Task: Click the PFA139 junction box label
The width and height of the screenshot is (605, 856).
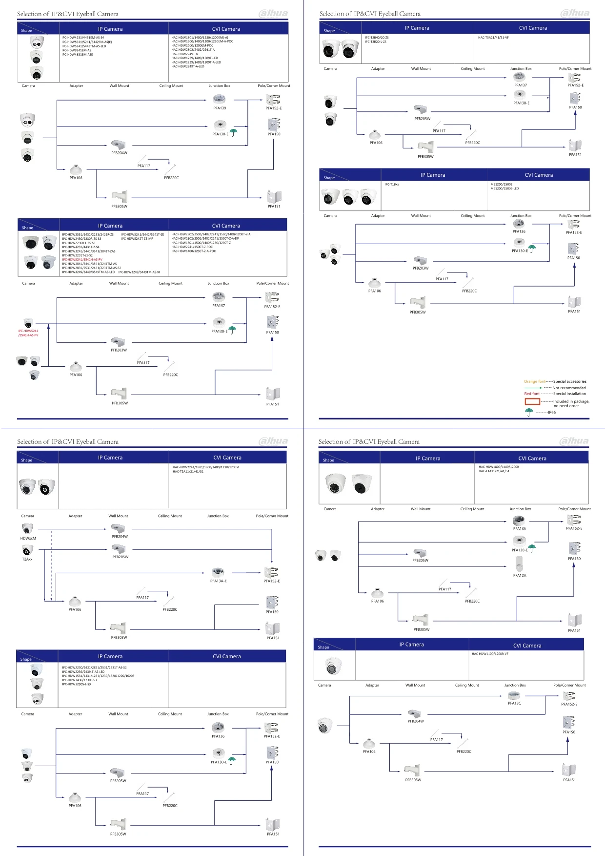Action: click(x=220, y=108)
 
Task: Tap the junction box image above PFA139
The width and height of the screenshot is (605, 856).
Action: click(x=220, y=99)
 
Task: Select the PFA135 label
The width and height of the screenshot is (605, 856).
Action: click(x=519, y=528)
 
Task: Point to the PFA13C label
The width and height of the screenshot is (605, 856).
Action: click(x=514, y=703)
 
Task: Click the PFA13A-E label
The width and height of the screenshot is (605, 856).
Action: click(x=218, y=581)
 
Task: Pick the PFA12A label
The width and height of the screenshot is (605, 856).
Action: click(x=520, y=575)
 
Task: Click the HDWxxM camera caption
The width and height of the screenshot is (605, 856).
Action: click(x=28, y=538)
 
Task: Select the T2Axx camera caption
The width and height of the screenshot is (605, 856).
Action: click(x=27, y=559)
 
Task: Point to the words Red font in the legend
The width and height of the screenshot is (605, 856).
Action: click(x=532, y=394)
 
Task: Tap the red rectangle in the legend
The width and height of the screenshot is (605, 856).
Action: click(x=532, y=401)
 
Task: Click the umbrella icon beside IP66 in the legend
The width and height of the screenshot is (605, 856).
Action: click(x=529, y=412)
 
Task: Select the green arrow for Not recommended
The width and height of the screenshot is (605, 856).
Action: click(x=533, y=388)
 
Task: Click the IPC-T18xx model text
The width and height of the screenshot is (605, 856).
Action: click(x=391, y=184)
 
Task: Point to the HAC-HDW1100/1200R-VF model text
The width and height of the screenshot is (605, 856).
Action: click(x=490, y=653)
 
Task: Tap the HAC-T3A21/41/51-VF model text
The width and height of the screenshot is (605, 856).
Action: click(x=493, y=38)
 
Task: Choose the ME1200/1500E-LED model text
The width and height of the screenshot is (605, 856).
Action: click(x=504, y=188)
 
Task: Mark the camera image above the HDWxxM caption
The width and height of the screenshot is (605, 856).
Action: click(x=27, y=529)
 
